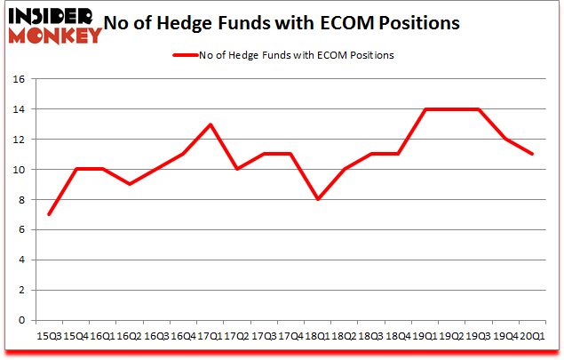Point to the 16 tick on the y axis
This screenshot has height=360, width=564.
click(x=19, y=79)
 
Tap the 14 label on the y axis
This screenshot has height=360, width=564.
click(x=19, y=109)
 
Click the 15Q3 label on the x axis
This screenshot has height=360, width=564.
click(x=48, y=335)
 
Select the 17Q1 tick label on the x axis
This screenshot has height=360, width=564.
click(x=210, y=335)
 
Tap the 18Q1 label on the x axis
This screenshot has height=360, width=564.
click(x=317, y=335)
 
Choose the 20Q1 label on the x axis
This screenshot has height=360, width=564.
click(x=533, y=335)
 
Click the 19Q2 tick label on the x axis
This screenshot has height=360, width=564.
click(x=452, y=335)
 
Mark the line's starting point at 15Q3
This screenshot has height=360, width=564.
click(x=48, y=214)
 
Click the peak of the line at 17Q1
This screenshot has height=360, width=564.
click(x=210, y=124)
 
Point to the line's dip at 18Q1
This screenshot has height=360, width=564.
click(x=317, y=199)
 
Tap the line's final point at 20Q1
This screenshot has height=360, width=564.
click(x=533, y=155)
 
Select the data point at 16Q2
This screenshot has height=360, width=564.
click(x=129, y=184)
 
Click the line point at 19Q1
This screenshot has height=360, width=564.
click(x=425, y=109)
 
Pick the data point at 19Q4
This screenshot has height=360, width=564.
click(x=506, y=140)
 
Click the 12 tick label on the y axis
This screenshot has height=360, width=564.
click(x=19, y=140)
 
